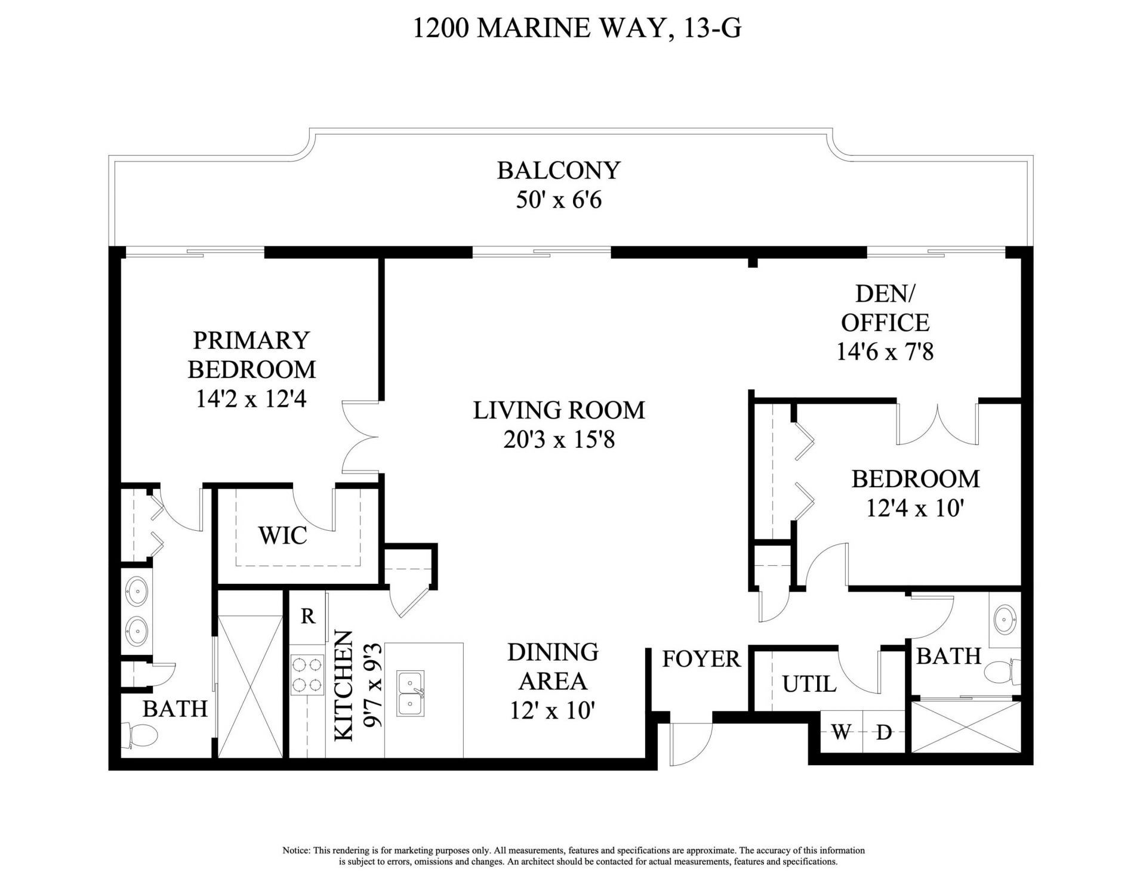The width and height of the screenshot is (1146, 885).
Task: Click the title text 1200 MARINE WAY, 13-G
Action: (x=577, y=28)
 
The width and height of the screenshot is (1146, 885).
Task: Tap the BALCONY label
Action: (x=559, y=171)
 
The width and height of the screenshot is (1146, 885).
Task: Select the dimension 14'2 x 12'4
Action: (x=251, y=399)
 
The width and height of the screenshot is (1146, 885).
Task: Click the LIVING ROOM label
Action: (x=559, y=410)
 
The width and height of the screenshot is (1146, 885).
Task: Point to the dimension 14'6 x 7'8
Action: (x=885, y=352)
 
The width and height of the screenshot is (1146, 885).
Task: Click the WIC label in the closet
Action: (x=282, y=536)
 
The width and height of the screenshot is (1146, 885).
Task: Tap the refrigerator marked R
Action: (x=308, y=616)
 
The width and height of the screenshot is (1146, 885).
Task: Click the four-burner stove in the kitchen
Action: (x=307, y=674)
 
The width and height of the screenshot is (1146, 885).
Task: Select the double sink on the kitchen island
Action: (x=411, y=692)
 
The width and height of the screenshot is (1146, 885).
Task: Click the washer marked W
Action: (x=841, y=732)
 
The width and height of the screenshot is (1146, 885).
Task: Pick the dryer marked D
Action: (x=883, y=732)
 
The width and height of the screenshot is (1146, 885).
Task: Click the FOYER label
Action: (x=701, y=659)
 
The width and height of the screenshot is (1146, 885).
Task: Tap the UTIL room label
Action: (x=809, y=684)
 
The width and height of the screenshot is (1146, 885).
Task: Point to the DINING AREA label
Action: (x=553, y=666)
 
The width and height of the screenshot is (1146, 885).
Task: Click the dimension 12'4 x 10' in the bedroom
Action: (x=915, y=509)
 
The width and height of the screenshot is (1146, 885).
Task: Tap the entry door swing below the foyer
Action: (x=690, y=744)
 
